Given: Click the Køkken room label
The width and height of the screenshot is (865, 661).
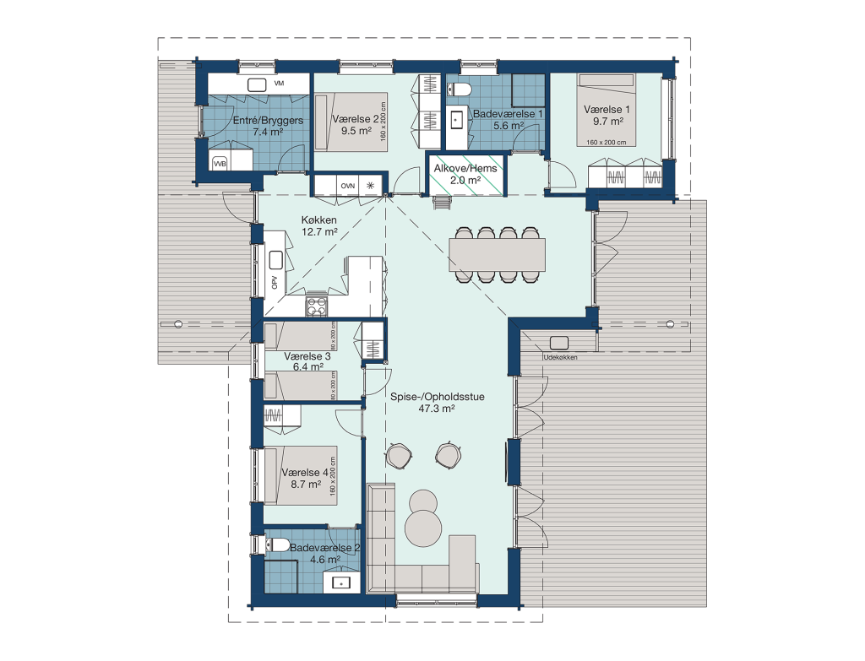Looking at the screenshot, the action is pos(318,220).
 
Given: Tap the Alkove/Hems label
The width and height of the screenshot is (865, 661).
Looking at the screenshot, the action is pos(465,168).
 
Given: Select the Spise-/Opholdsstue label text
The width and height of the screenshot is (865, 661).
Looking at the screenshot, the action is pos(437,397).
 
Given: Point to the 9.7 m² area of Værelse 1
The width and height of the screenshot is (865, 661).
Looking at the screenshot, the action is pos(607,122).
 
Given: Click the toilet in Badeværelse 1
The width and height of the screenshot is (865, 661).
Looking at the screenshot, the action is pos(459,89).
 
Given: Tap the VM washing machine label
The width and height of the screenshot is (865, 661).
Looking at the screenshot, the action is pos(279,84).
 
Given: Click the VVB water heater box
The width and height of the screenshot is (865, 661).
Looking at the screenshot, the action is pos(220,163).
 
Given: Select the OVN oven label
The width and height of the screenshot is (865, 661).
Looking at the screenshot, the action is pos(347,186).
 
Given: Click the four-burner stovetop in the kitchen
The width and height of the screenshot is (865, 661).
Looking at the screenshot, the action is pos(317,306).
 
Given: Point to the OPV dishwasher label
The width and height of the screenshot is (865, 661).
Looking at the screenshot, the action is pos(275,282).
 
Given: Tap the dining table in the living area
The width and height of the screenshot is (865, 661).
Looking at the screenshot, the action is pos(497,255).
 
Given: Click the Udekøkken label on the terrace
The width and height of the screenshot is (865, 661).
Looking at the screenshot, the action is pos(561,357).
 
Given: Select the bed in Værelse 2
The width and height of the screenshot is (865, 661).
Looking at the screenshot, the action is pos(351,122).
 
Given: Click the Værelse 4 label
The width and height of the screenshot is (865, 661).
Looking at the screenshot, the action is pos(305,473).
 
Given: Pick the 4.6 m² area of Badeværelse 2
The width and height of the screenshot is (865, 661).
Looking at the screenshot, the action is pos(325,560).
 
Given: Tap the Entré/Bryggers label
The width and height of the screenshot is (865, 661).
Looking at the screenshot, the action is pos(268,120).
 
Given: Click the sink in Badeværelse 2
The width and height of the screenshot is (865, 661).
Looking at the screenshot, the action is pos(341,582).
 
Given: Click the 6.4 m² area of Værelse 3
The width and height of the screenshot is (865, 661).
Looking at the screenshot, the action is pos(307,366).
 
